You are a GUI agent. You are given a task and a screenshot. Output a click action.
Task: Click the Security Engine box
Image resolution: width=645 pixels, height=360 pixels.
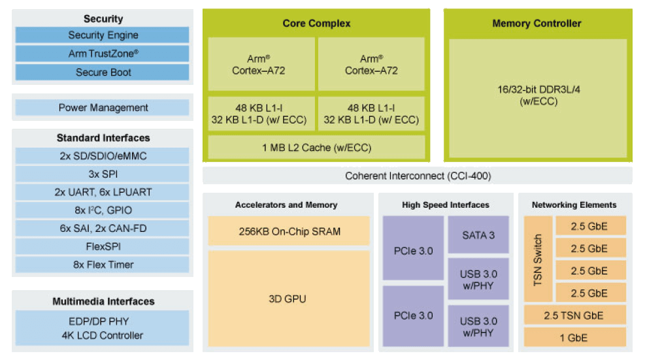(x=103, y=35)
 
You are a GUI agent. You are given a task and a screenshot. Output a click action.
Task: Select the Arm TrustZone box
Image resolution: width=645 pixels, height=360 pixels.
(x=103, y=54)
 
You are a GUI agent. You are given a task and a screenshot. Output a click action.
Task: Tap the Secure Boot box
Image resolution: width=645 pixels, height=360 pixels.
(x=103, y=73)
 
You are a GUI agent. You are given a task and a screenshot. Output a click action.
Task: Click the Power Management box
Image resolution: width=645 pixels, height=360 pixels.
(x=103, y=108)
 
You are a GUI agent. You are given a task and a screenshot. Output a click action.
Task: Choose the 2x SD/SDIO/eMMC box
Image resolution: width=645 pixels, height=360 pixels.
(x=103, y=156)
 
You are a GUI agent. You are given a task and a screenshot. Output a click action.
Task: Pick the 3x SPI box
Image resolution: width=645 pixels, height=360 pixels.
(x=103, y=174)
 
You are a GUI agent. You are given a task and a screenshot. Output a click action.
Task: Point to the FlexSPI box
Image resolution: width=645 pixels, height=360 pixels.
(x=103, y=247)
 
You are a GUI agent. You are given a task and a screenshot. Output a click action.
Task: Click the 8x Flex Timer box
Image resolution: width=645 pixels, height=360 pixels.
(x=103, y=265)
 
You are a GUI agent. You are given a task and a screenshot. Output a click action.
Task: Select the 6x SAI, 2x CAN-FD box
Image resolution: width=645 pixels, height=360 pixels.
(x=103, y=229)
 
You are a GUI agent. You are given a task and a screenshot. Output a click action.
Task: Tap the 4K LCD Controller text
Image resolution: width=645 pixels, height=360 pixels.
(x=103, y=336)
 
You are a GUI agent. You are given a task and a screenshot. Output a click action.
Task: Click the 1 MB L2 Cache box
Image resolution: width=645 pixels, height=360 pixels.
(x=316, y=148)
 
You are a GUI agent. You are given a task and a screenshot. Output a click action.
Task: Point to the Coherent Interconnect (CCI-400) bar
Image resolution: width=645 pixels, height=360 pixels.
(x=418, y=176)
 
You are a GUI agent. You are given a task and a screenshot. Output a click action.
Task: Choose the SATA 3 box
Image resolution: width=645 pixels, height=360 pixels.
(x=478, y=235)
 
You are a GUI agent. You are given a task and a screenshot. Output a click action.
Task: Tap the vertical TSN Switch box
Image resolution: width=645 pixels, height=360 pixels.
(x=538, y=260)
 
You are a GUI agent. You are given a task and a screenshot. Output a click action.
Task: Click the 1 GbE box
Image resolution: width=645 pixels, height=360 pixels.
(x=574, y=338)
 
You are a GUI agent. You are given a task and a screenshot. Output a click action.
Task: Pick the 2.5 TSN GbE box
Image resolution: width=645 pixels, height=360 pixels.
(x=574, y=316)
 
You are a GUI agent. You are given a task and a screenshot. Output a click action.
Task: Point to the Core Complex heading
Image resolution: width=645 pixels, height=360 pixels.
(x=316, y=24)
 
